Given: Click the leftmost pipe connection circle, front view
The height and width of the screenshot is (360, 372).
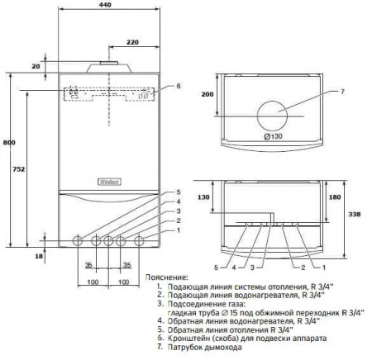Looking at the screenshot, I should point(79,241).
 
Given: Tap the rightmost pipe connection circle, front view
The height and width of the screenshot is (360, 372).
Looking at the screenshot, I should point(140,241).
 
